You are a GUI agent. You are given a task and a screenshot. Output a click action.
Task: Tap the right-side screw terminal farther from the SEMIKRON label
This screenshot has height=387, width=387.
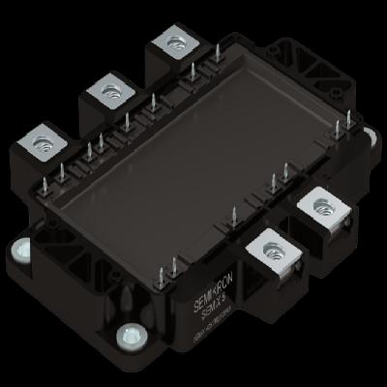click(322, 210)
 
